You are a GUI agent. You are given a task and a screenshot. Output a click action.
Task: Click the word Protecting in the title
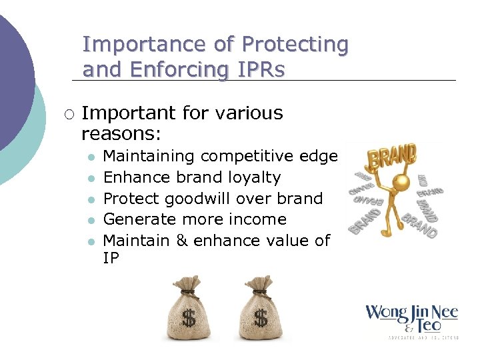[x=295, y=45]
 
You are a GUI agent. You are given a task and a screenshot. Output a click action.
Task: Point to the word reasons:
[x=121, y=134]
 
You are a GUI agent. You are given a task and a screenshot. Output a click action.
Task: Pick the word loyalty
[x=255, y=177]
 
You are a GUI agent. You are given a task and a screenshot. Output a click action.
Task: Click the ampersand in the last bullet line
[x=182, y=241]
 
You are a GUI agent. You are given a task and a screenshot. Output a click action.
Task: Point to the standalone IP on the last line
[x=111, y=259]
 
